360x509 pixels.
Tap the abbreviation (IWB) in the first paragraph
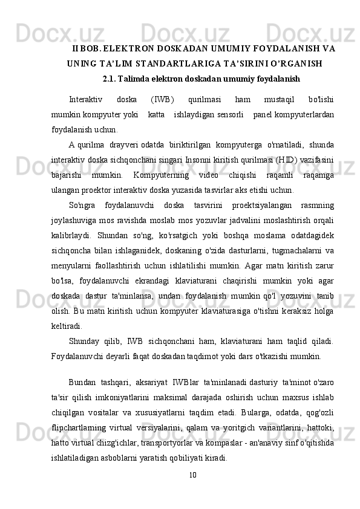click(162, 100)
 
